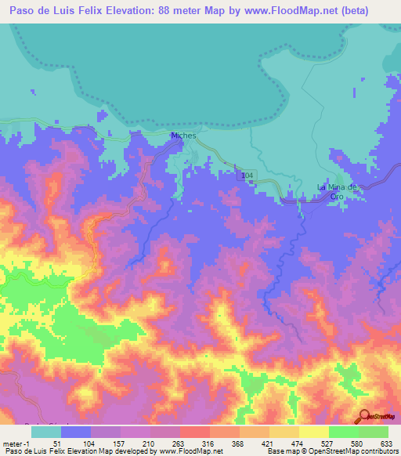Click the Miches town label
tap(183, 136)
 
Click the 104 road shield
tap(247, 175)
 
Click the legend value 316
tap(208, 443)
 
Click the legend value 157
tap(117, 443)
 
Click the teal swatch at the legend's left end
tap(45, 432)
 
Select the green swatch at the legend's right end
tap(374, 432)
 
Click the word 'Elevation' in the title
tap(130, 10)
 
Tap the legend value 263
tap(177, 443)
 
